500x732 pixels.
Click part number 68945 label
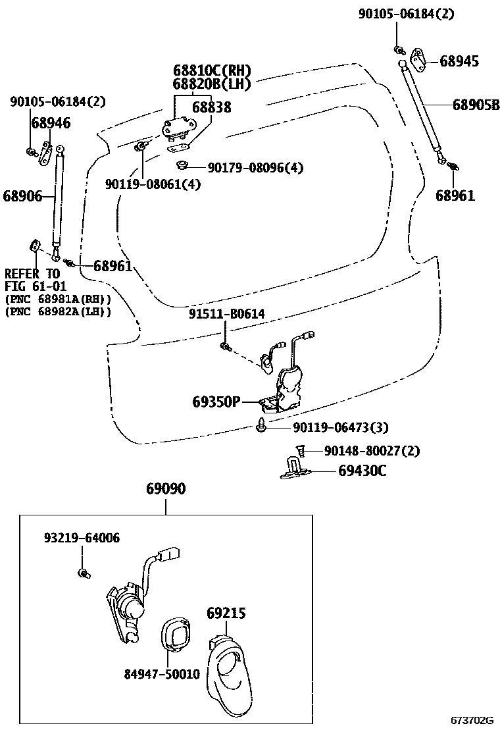point(459,62)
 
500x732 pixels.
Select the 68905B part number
point(476,104)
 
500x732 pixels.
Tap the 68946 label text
point(51,123)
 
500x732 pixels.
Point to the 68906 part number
point(22,196)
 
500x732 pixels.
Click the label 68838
point(211,107)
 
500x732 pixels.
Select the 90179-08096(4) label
point(255,168)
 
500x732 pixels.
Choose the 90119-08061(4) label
point(153,185)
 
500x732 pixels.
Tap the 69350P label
point(216,401)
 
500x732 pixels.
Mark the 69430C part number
point(362,471)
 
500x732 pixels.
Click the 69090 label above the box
point(165,489)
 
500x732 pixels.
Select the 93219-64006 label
point(82,538)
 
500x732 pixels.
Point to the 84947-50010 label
point(162,675)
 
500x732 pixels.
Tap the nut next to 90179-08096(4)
point(180,165)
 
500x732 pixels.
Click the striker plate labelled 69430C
point(295,469)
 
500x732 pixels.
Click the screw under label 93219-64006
point(83,573)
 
